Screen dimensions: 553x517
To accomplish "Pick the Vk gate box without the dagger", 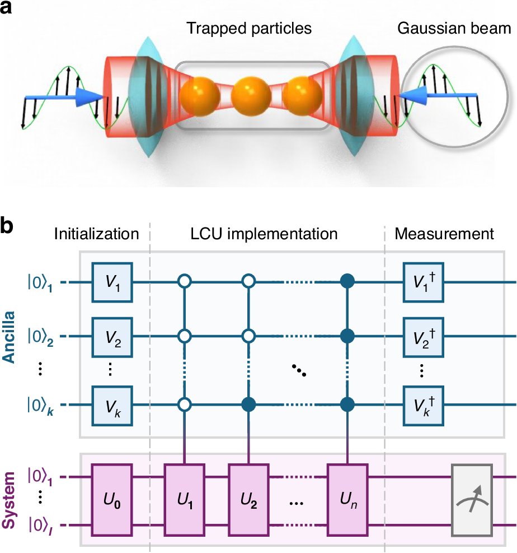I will [112, 405].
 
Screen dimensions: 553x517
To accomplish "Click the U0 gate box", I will [112, 495].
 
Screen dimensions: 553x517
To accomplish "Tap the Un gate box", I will [349, 495].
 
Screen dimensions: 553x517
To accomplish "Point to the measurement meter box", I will [472, 495].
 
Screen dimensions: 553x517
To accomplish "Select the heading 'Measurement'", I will [445, 233].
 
